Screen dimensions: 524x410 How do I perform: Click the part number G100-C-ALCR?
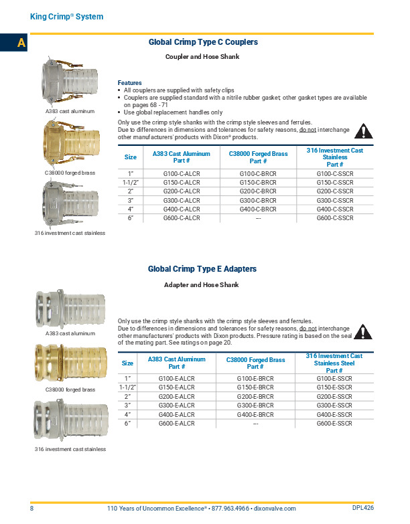[182, 173]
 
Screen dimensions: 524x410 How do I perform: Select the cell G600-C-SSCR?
[335, 217]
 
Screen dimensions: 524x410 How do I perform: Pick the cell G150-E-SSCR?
[334, 387]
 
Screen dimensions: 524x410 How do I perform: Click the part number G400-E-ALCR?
[176, 414]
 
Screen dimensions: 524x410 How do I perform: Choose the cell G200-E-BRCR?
[255, 396]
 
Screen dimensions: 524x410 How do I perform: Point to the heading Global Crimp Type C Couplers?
[203, 42]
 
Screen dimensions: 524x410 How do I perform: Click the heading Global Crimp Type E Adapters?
[202, 269]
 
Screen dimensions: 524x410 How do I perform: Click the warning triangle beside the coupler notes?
[362, 131]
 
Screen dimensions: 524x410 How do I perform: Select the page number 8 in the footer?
[31, 509]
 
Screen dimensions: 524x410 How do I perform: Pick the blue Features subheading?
[129, 82]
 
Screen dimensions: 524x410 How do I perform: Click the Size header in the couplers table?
[131, 157]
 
